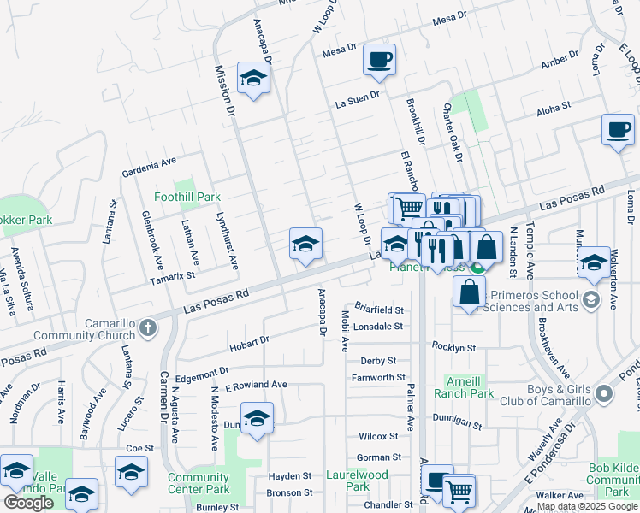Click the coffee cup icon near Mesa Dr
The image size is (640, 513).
click(x=379, y=60)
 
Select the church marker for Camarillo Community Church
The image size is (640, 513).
click(x=149, y=328)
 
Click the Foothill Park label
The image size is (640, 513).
click(x=187, y=197)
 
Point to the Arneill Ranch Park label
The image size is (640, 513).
click(x=470, y=387)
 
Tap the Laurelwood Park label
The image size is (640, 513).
click(x=358, y=481)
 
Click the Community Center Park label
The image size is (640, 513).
click(x=199, y=484)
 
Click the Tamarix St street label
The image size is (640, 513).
click(x=172, y=275)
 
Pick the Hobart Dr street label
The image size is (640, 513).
click(x=249, y=344)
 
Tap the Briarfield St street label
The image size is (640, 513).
click(x=378, y=310)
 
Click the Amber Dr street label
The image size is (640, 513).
click(x=561, y=65)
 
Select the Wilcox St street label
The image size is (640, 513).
click(x=379, y=436)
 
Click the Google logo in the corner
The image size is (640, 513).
click(x=28, y=503)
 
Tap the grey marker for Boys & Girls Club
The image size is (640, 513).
click(x=605, y=394)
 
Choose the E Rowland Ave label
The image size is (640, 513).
click(x=256, y=386)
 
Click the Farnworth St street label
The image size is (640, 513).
click(x=377, y=377)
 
